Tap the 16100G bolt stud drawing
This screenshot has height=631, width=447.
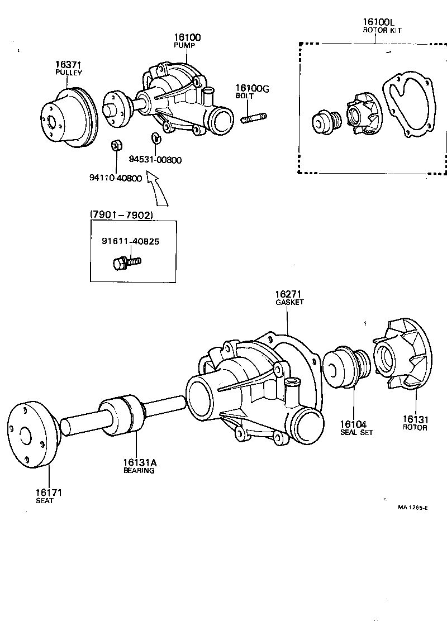[254, 118]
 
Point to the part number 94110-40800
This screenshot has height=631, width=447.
[115, 178]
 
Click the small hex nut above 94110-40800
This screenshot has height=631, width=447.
[116, 146]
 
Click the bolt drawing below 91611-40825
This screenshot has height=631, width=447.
[127, 261]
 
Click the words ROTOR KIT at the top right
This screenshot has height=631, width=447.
[382, 30]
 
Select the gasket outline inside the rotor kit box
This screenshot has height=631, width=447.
[411, 109]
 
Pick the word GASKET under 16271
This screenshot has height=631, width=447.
[289, 302]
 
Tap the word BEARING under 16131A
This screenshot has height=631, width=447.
[139, 470]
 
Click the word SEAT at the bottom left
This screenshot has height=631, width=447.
[45, 501]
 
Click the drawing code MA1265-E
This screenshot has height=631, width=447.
[412, 508]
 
